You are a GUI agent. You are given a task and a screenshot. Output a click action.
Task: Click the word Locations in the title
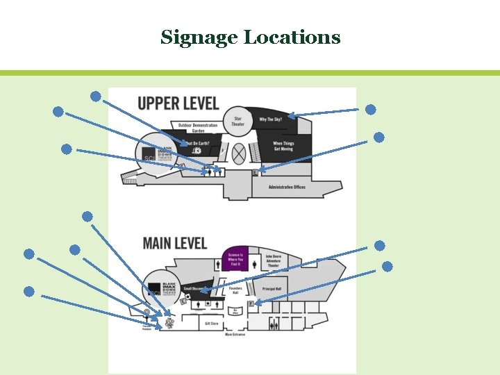(292, 37)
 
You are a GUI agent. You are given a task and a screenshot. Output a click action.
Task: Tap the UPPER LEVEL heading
(178, 103)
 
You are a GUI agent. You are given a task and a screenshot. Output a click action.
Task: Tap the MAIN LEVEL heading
(174, 243)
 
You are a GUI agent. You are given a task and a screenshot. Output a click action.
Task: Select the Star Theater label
(238, 121)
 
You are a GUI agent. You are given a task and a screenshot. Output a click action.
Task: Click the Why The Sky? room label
(271, 119)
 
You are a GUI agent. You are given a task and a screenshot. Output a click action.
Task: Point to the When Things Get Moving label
(283, 146)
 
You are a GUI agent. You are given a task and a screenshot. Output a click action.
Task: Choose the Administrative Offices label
(287, 187)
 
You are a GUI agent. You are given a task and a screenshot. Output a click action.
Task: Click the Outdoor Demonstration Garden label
(198, 128)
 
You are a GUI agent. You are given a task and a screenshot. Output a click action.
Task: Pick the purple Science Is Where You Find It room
(235, 259)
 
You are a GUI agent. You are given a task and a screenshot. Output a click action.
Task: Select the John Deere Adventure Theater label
(274, 260)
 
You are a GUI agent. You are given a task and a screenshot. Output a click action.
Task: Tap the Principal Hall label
(272, 289)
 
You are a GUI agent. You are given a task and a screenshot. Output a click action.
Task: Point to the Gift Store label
(212, 323)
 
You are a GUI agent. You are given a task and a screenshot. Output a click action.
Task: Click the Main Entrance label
(235, 335)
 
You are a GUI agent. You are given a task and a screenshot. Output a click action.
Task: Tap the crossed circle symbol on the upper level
(239, 151)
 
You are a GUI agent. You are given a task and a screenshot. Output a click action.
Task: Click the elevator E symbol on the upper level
(256, 172)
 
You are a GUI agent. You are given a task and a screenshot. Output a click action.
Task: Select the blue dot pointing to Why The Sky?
(371, 109)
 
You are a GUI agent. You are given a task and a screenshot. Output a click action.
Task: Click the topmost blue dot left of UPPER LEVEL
(96, 95)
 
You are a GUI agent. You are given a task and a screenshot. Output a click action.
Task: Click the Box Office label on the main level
(236, 310)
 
